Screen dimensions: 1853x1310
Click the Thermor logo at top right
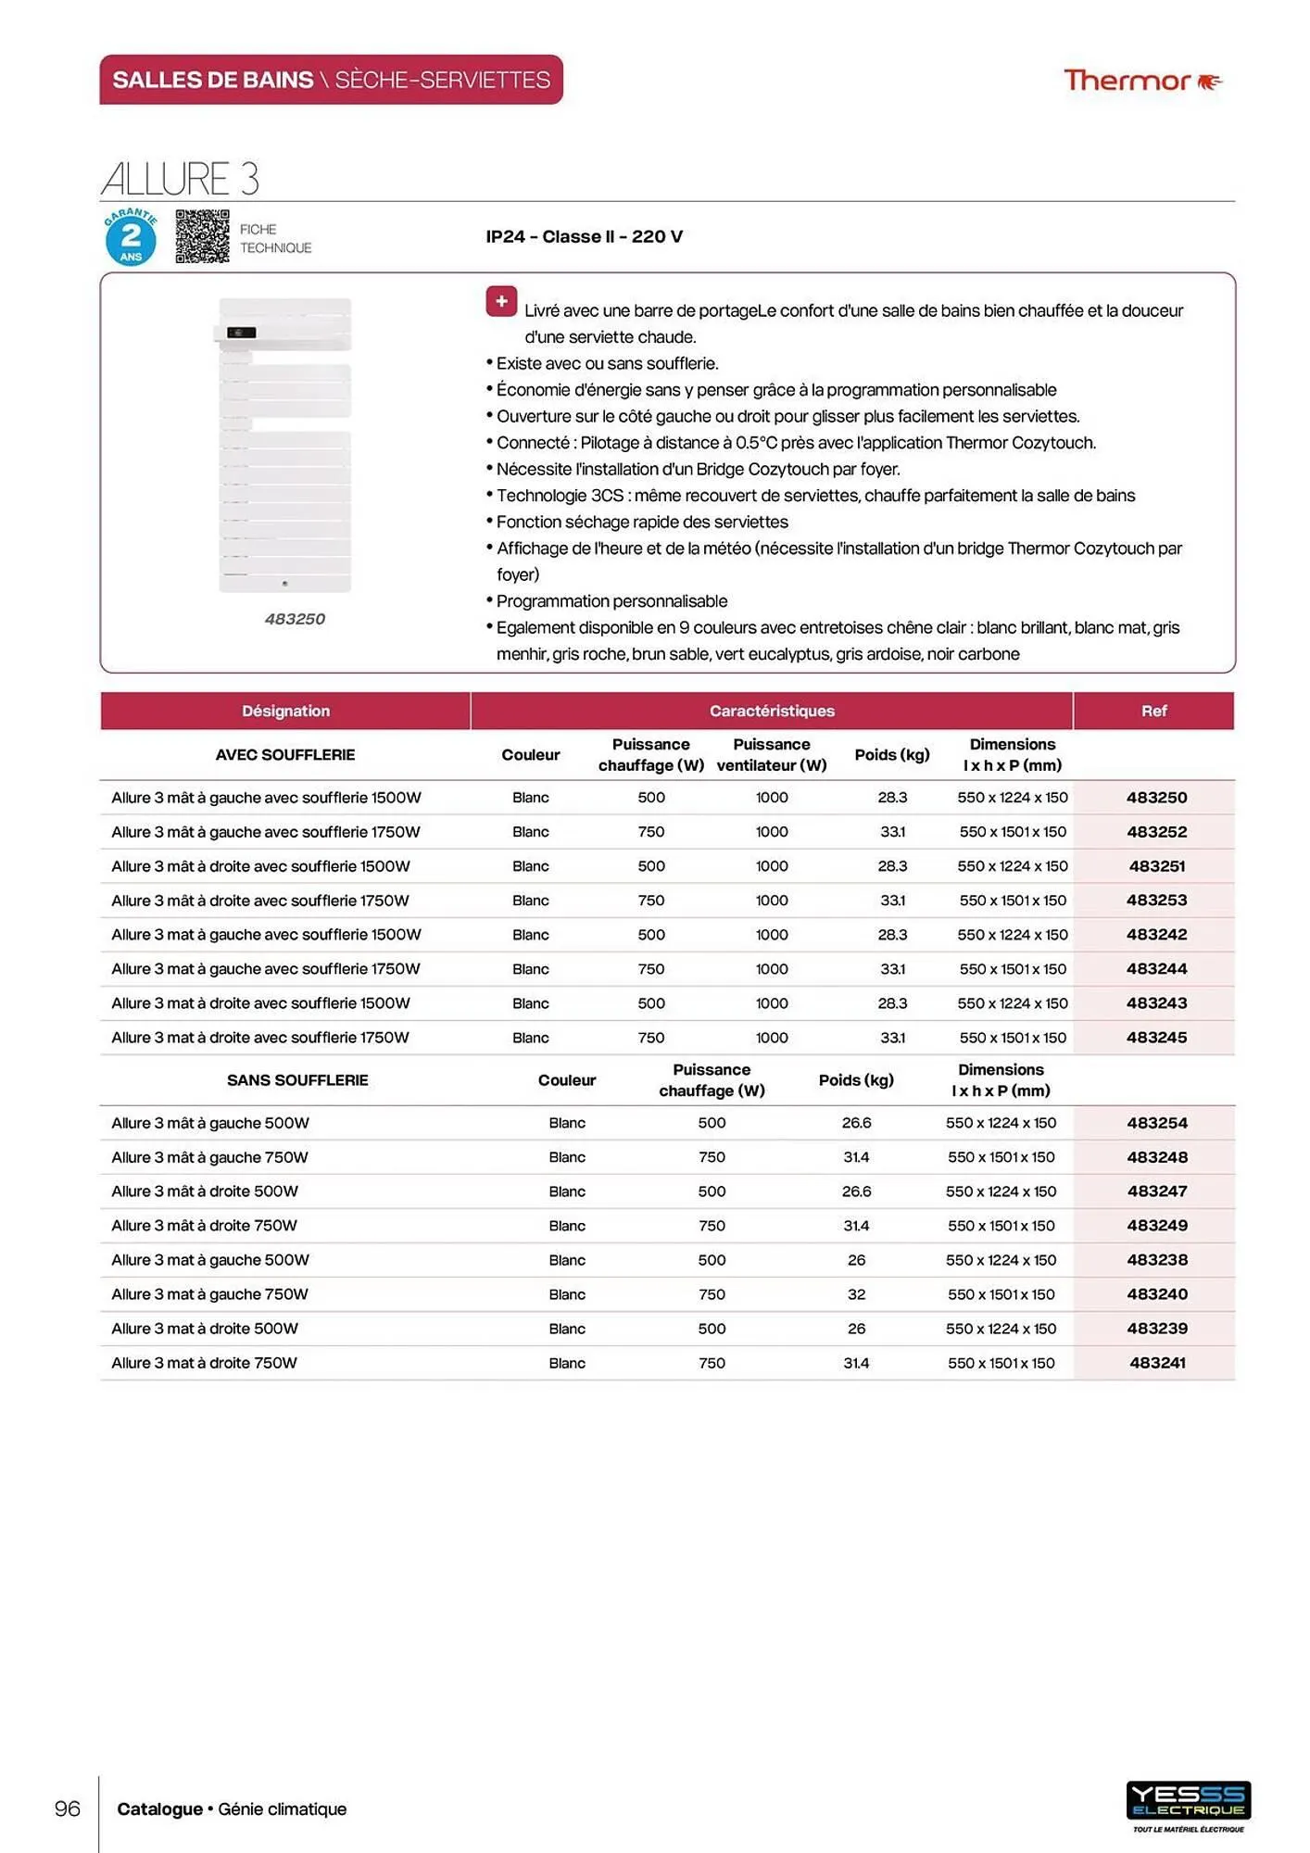coord(1141,81)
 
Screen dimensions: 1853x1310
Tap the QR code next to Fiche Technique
coord(202,236)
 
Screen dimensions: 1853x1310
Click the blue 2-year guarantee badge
coord(131,238)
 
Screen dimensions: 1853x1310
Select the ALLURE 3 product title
coord(180,178)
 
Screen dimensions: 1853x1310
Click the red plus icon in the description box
coord(501,301)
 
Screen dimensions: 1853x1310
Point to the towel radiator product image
coord(284,445)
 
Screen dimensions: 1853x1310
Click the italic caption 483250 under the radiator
coord(295,619)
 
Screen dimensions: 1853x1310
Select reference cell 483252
coord(1156,832)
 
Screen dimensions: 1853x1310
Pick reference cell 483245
coord(1156,1038)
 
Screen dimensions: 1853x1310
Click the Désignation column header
coord(285,711)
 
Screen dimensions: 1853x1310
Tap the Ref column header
coord(1153,711)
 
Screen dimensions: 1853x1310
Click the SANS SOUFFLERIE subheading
coord(297,1080)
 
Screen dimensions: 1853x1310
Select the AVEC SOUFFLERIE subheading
coord(285,755)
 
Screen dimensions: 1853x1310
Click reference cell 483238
coord(1156,1260)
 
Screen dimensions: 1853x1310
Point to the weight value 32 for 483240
coord(856,1294)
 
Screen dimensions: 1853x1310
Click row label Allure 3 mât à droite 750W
coord(204,1226)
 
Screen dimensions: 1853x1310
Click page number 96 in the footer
coord(68,1809)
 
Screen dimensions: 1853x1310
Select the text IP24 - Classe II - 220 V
coord(584,236)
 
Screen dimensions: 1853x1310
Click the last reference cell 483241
coord(1156,1363)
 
